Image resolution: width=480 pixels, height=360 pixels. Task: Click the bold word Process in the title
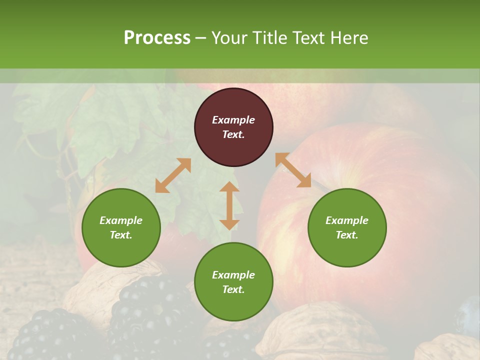click(x=157, y=38)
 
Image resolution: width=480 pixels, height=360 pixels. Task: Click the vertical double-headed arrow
click(x=229, y=205)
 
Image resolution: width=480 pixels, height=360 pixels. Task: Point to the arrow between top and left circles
click(x=173, y=175)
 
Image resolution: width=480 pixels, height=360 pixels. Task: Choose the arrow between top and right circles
click(x=293, y=170)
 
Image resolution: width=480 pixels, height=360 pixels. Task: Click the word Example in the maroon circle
click(x=233, y=120)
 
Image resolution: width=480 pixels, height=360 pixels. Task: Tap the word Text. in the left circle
click(x=121, y=235)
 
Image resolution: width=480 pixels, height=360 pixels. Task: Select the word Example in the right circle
click(x=347, y=220)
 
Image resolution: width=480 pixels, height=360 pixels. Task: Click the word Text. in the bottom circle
click(x=233, y=289)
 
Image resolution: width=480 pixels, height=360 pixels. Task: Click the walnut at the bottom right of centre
click(x=320, y=332)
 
